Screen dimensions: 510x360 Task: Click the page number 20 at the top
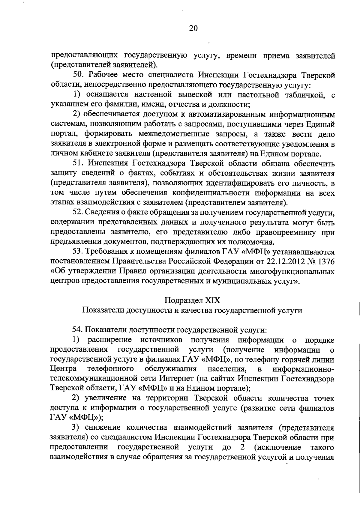pos(193,28)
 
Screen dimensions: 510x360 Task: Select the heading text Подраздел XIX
pos(192,300)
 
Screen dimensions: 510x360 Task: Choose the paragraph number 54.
pos(77,330)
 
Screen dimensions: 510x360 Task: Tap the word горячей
pos(297,359)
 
